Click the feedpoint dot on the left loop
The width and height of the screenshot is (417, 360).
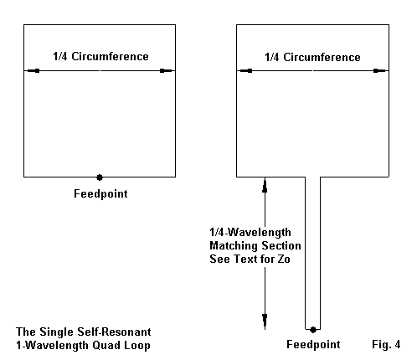(100, 177)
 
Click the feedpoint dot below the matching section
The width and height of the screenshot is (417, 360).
(313, 330)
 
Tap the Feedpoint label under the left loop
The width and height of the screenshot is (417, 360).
(100, 194)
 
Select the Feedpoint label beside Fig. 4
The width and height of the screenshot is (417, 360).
(313, 344)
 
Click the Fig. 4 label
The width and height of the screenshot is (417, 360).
(386, 344)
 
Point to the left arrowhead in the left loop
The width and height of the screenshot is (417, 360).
(33, 71)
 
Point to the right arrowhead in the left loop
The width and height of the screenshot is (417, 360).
(166, 71)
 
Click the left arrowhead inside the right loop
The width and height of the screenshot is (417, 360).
(246, 71)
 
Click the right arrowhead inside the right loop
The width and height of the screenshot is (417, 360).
(379, 71)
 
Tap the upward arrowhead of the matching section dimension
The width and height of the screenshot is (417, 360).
(265, 187)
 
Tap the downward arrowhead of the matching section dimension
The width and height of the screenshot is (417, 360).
(265, 321)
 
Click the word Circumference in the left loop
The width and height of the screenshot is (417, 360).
(110, 56)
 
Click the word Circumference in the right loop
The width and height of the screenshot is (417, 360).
(322, 57)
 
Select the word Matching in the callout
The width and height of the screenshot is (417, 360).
(234, 246)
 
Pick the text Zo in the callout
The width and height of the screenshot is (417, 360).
(284, 259)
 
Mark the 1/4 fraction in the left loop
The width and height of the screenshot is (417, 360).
(60, 56)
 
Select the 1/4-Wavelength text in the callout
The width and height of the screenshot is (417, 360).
(250, 232)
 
